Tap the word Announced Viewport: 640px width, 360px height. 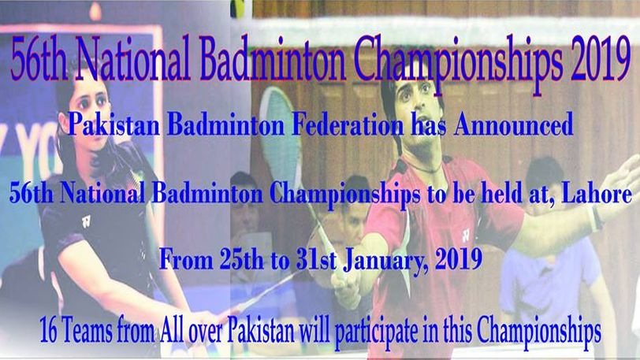[513, 124]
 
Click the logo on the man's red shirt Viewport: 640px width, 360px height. [465, 235]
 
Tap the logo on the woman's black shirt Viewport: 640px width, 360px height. [86, 221]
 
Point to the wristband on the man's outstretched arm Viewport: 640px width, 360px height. [596, 219]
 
